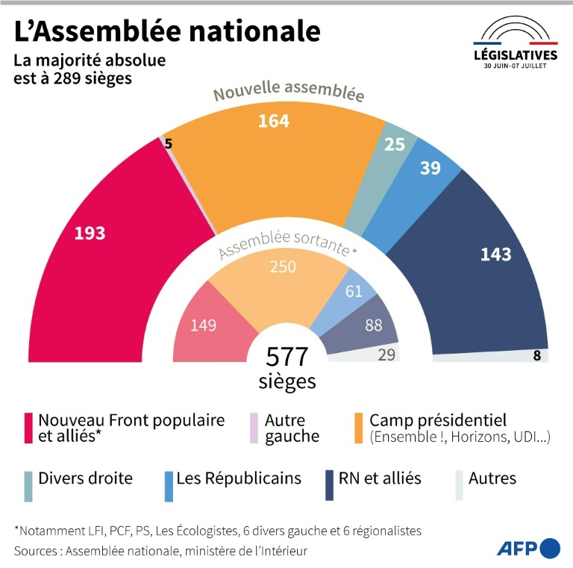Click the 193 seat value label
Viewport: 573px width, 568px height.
[x=90, y=233]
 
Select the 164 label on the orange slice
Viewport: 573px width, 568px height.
[x=274, y=121]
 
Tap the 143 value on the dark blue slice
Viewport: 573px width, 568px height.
[x=495, y=255]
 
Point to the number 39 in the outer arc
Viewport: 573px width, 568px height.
[x=430, y=168]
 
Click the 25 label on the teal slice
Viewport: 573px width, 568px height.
[x=395, y=144]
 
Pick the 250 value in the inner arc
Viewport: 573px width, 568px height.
[x=283, y=266]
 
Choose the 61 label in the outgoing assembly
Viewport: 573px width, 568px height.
[x=354, y=291]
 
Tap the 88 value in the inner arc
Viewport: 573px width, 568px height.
[x=374, y=325]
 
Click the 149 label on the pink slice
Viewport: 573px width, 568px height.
[x=203, y=325]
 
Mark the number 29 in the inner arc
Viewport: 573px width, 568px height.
[x=386, y=355]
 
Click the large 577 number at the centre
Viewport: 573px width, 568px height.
[x=286, y=357]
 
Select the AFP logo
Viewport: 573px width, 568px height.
[x=528, y=549]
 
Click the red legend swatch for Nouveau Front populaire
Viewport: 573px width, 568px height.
[x=28, y=428]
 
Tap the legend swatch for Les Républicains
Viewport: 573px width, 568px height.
[x=169, y=487]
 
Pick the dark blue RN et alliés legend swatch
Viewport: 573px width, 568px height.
[x=329, y=485]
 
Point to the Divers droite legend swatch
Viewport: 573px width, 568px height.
[x=28, y=487]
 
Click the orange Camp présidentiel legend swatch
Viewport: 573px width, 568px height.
[x=358, y=428]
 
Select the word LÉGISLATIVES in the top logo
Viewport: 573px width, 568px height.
[x=516, y=55]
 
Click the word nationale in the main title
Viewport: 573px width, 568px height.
[x=254, y=31]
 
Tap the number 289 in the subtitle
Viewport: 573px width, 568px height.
[x=69, y=78]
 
